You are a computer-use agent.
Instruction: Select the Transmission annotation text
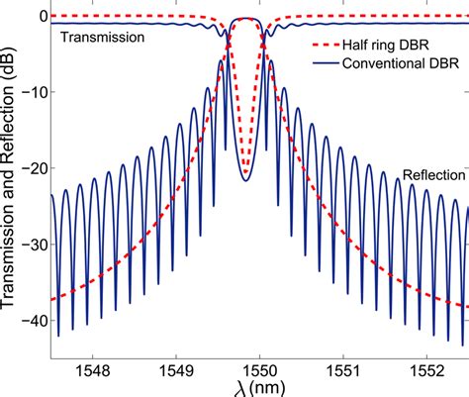coord(104,38)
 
